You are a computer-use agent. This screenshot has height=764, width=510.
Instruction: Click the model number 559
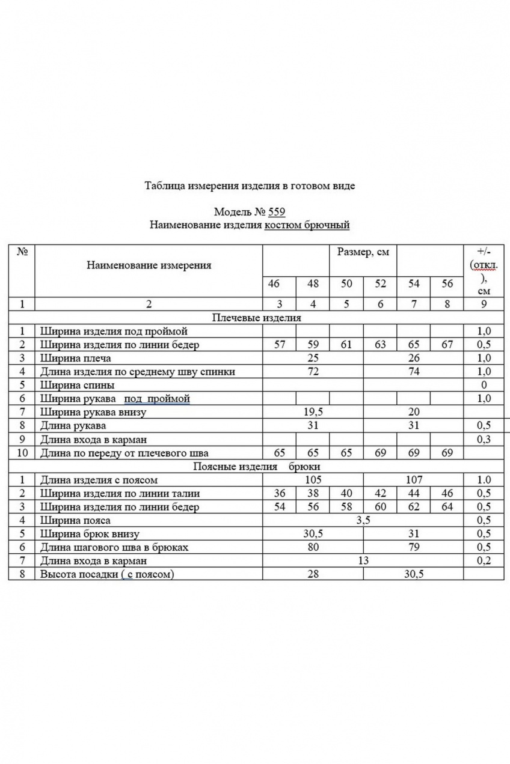click(x=277, y=212)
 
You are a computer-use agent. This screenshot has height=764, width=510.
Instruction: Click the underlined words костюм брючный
click(x=307, y=225)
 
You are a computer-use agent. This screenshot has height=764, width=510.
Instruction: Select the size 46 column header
click(x=274, y=283)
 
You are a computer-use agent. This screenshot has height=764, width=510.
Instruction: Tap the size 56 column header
click(x=447, y=283)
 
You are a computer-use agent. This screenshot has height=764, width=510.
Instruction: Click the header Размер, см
click(x=363, y=252)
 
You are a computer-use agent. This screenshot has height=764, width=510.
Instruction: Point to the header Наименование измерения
click(x=149, y=265)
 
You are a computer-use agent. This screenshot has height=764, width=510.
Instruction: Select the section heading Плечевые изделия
click(x=257, y=318)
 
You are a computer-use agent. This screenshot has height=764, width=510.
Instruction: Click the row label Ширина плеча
click(x=75, y=358)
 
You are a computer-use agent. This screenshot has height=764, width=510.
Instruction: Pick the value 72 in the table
click(x=313, y=372)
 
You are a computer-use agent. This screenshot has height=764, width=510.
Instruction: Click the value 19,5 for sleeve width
click(x=313, y=412)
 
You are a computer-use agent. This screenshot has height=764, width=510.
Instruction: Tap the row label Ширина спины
click(x=77, y=385)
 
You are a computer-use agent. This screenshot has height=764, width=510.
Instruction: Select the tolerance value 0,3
click(x=484, y=439)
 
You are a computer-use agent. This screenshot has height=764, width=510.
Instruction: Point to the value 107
click(x=414, y=480)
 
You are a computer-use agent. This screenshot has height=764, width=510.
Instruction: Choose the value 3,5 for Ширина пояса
click(x=363, y=520)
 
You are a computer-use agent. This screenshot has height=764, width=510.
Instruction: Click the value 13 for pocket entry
click(x=363, y=561)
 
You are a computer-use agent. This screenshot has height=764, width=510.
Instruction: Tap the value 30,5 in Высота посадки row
click(x=414, y=574)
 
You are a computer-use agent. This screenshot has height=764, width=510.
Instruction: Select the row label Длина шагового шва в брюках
click(x=114, y=547)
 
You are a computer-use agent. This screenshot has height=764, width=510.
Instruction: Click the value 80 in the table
click(x=313, y=547)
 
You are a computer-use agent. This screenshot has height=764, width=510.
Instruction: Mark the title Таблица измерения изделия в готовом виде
click(x=250, y=186)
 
